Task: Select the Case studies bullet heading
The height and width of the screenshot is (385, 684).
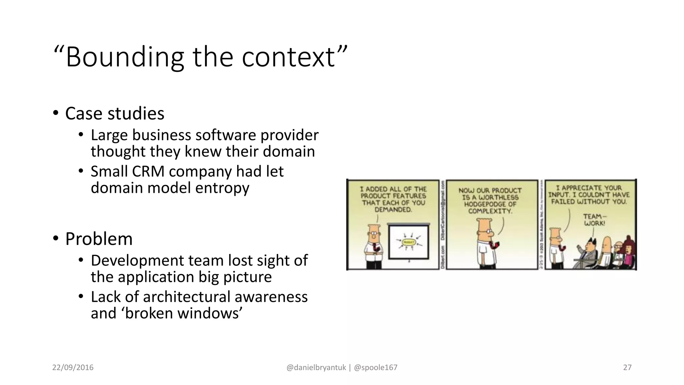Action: tap(115, 114)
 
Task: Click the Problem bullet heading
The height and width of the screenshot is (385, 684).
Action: tap(99, 239)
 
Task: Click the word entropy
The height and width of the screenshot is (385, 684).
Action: tap(222, 188)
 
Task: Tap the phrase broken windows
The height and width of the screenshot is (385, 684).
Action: tap(183, 313)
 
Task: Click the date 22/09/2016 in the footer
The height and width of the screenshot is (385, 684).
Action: tap(73, 368)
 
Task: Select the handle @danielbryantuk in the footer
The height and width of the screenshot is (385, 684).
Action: tap(316, 368)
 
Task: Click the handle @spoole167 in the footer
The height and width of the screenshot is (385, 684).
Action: tap(376, 368)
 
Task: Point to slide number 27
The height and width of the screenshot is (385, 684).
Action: tap(627, 368)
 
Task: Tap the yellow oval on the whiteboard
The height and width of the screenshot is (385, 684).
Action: tap(408, 242)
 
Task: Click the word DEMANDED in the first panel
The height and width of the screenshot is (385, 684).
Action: tap(393, 210)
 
